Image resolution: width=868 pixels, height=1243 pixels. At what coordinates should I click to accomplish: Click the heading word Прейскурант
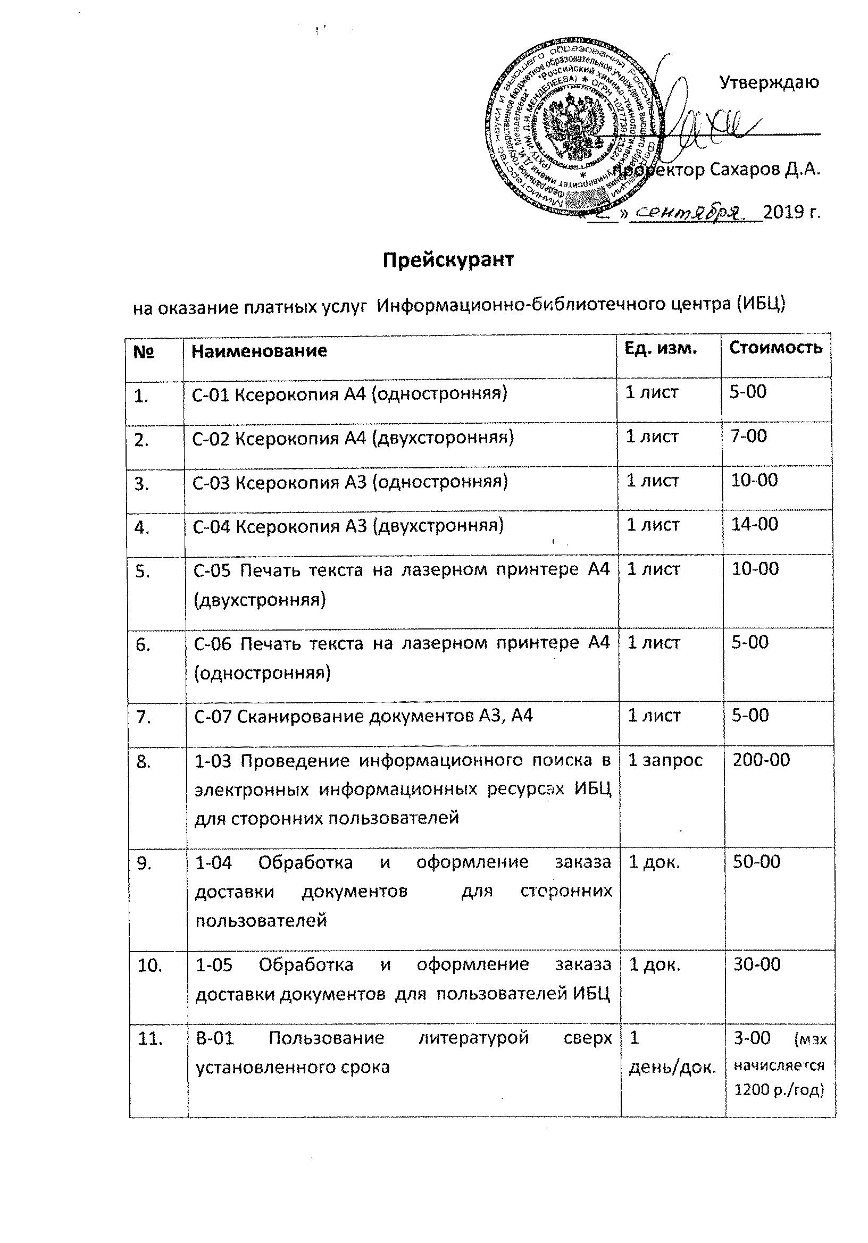pos(448,261)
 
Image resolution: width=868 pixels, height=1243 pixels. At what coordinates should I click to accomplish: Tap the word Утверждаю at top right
pos(769,82)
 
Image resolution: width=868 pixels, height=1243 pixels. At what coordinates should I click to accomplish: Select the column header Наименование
pos(260,351)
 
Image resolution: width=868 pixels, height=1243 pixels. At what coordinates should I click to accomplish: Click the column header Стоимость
pos(775,347)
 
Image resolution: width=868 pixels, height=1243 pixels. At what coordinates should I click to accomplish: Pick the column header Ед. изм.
pos(660,348)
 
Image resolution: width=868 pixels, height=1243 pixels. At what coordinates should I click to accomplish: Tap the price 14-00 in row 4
pos(754,524)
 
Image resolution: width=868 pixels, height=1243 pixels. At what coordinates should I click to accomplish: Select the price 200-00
pos(761,760)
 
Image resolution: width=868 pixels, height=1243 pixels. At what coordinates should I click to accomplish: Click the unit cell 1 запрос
pos(665,760)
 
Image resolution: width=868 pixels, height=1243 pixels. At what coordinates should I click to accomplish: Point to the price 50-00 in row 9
pos(756,862)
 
